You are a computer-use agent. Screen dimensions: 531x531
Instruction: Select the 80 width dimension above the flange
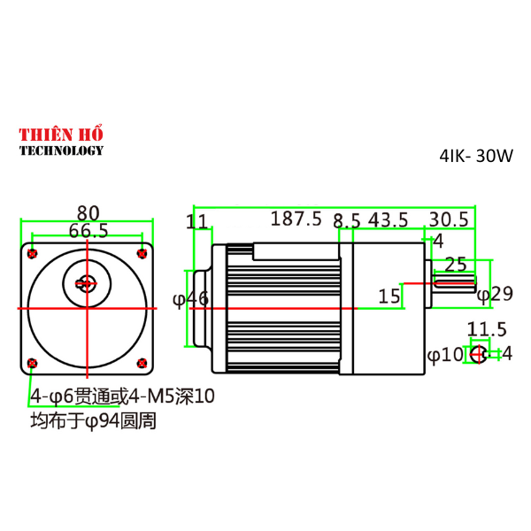[x=88, y=212]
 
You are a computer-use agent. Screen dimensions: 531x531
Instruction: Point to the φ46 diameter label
[x=190, y=299]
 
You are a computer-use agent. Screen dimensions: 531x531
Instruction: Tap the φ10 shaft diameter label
[x=445, y=355]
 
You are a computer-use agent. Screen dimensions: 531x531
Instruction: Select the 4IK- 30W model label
[x=476, y=155]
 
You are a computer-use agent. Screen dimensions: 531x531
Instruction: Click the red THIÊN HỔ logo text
[x=62, y=134]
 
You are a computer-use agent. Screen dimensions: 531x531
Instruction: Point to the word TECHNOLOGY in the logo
[x=62, y=150]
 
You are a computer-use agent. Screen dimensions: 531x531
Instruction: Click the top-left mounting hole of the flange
[x=33, y=253]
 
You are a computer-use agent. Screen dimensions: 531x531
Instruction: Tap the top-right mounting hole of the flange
[x=142, y=253]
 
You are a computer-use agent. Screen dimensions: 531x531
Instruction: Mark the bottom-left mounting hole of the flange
[x=33, y=363]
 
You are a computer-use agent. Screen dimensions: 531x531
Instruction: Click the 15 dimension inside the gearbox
[x=389, y=296]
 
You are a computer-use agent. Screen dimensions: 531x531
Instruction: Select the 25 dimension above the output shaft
[x=455, y=264]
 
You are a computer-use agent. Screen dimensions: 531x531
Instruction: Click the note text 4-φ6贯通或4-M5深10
[x=122, y=395]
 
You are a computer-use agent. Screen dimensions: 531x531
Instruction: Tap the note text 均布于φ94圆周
[x=93, y=420]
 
